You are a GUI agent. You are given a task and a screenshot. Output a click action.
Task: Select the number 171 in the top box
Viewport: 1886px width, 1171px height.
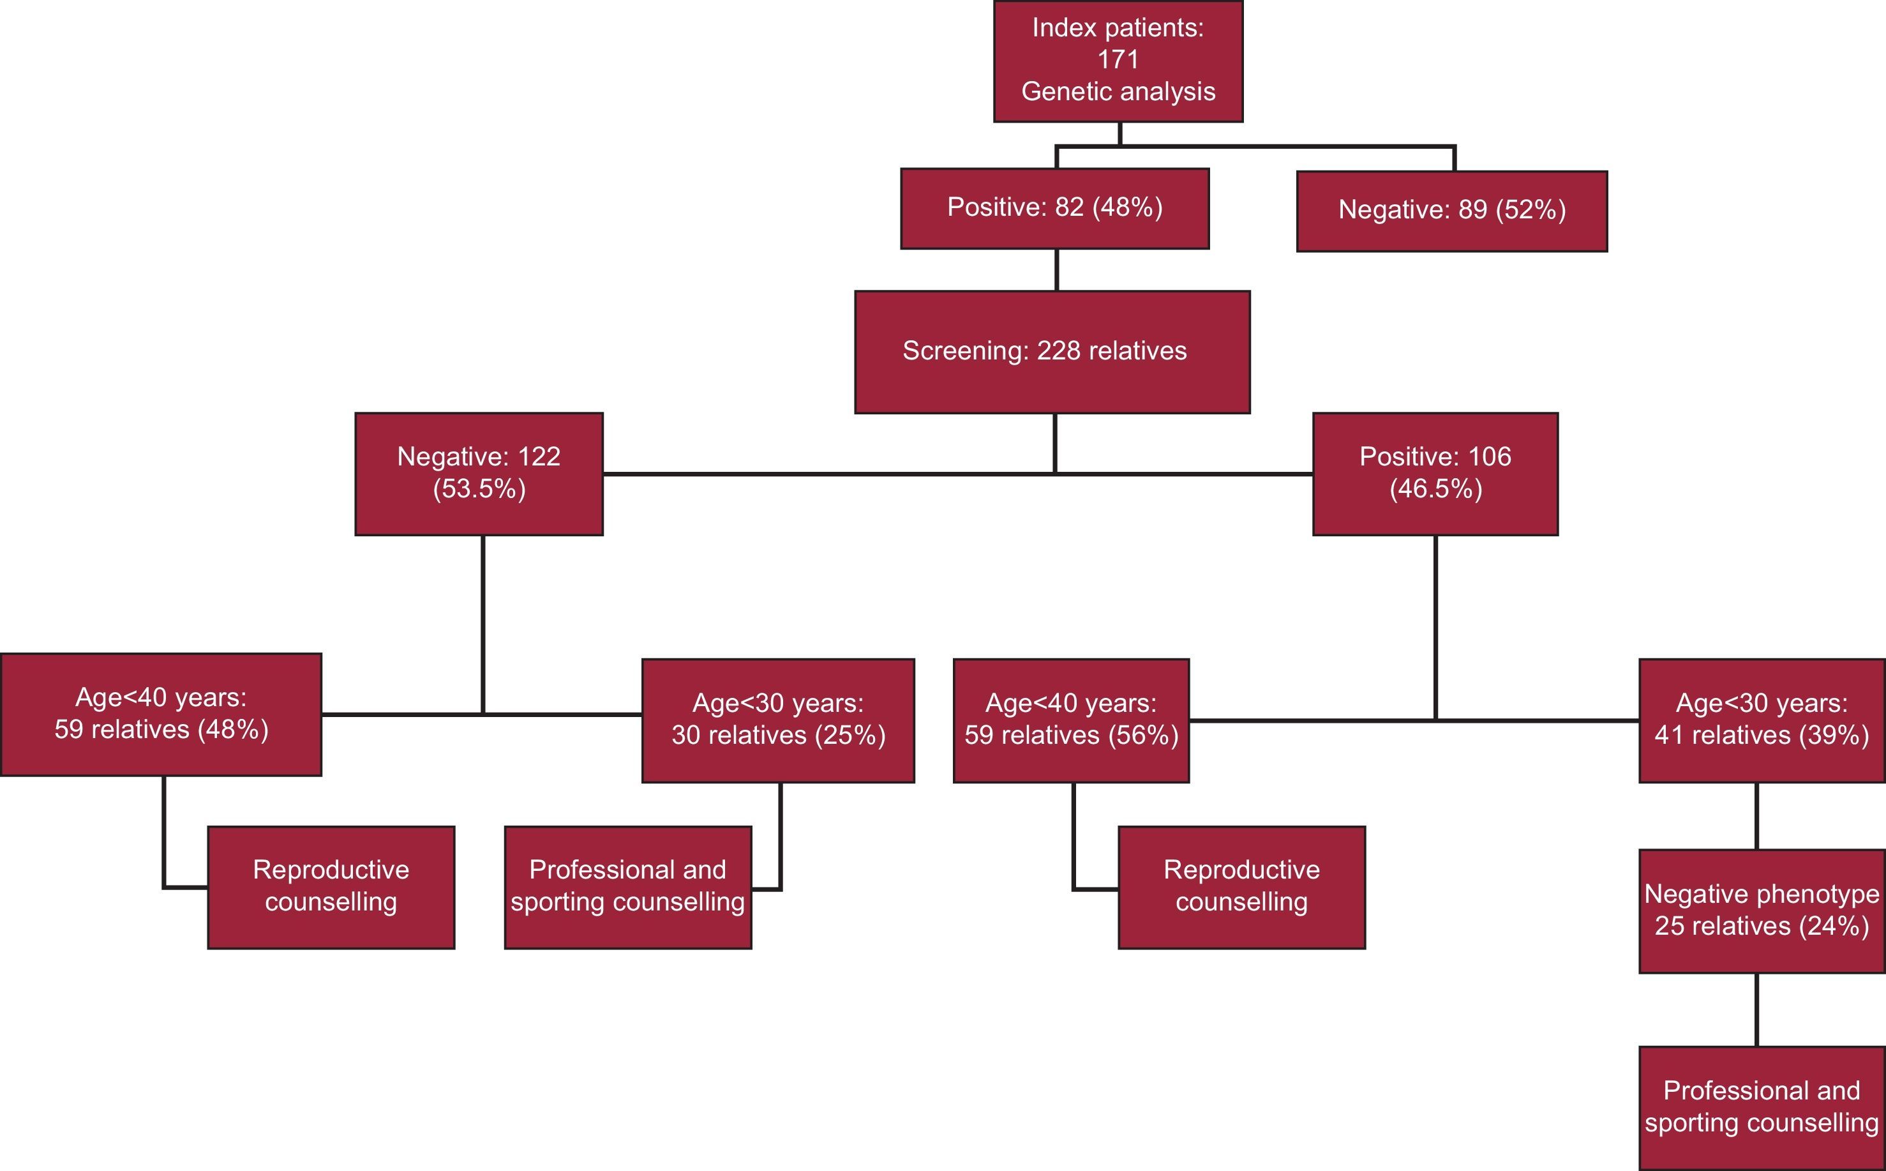pyautogui.click(x=1118, y=59)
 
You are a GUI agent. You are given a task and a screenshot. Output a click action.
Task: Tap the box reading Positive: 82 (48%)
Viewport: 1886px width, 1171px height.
pyautogui.click(x=1054, y=208)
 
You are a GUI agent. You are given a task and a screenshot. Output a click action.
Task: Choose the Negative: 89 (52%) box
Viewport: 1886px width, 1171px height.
pyautogui.click(x=1451, y=211)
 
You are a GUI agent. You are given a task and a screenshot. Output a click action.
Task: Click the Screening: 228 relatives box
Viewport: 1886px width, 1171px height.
pyautogui.click(x=1051, y=352)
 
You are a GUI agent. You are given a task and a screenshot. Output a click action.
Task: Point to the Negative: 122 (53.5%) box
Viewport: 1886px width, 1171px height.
pyautogui.click(x=479, y=473)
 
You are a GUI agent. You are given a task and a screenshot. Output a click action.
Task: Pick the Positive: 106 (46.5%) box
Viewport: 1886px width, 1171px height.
pyautogui.click(x=1435, y=473)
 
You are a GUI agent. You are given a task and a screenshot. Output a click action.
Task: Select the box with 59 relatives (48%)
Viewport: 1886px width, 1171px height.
pyautogui.click(x=161, y=714)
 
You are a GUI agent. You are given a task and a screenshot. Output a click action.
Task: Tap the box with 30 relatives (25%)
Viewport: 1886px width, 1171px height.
pyautogui.click(x=777, y=720)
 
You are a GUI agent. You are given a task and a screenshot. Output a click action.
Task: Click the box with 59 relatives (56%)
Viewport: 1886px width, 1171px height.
pyautogui.click(x=1071, y=720)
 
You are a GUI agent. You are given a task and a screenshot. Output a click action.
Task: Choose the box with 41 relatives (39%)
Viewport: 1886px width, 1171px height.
pyautogui.click(x=1762, y=720)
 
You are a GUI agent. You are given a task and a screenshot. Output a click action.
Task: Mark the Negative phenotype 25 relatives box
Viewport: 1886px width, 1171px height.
pyautogui.click(x=1762, y=910)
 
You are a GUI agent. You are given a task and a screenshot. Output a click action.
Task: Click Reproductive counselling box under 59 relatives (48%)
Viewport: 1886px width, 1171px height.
pyautogui.click(x=331, y=887)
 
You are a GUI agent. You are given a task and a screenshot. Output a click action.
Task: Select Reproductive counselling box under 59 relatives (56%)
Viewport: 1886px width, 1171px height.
pyautogui.click(x=1241, y=887)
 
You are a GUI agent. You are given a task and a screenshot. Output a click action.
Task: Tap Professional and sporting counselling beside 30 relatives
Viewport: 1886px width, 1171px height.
pyautogui.click(x=627, y=887)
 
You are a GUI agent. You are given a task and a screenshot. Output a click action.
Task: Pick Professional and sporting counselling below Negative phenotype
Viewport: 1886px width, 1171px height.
pyautogui.click(x=1762, y=1108)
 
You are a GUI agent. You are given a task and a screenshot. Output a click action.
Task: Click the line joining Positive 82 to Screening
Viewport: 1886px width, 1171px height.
pyautogui.click(x=1057, y=269)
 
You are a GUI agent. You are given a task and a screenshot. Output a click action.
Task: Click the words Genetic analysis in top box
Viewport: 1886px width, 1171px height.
pyautogui.click(x=1118, y=91)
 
